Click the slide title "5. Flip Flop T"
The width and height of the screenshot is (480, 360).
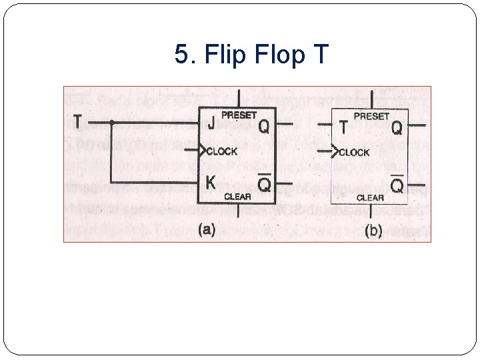(251, 55)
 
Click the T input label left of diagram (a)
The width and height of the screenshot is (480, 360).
(78, 122)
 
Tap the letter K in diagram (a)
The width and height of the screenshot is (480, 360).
(211, 182)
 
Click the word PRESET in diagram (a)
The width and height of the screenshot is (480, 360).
(239, 115)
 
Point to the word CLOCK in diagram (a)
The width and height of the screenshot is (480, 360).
(222, 151)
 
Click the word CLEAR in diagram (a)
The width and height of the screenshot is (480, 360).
(237, 196)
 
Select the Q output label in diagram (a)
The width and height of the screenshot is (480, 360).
(264, 125)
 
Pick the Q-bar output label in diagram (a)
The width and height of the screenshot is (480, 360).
(264, 183)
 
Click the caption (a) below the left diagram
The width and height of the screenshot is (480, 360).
(206, 230)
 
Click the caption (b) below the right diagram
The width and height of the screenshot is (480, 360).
(373, 231)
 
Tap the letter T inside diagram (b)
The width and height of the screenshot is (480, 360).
(343, 127)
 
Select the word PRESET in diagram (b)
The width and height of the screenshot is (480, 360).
(371, 116)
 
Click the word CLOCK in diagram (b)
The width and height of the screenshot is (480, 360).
(354, 153)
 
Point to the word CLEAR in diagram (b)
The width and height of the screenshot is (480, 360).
(370, 197)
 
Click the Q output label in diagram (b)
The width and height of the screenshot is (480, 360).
(397, 127)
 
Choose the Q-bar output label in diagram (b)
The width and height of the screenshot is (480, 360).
(397, 185)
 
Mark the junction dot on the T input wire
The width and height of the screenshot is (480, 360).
(112, 123)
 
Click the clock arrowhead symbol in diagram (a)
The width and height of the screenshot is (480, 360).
(203, 151)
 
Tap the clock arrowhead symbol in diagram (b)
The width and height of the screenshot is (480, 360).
(335, 153)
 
